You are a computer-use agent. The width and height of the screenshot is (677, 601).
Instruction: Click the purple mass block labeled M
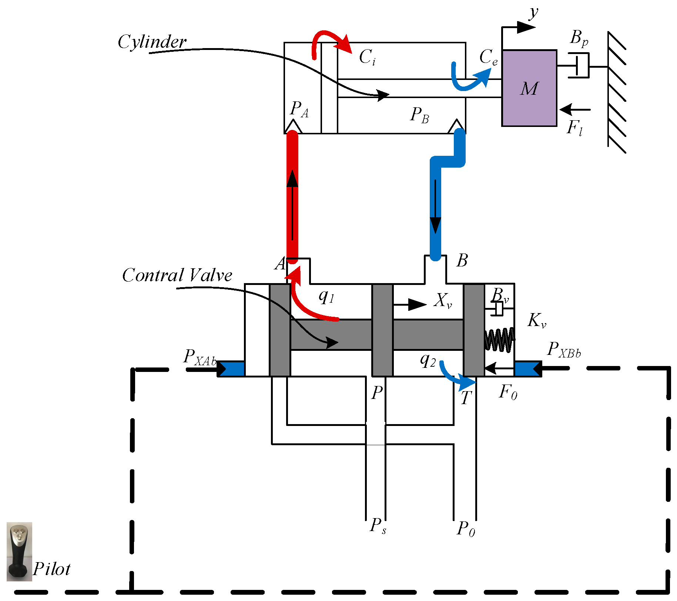[529, 88]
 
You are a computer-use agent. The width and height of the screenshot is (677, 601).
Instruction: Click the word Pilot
[52, 569]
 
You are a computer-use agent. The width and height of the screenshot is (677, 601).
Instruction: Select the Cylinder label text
[152, 42]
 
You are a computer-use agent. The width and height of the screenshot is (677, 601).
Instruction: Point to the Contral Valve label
[177, 275]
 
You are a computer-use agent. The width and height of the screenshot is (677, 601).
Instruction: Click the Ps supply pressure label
[378, 526]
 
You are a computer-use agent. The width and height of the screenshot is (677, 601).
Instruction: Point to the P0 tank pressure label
[466, 528]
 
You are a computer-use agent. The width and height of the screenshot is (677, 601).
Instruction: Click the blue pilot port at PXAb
[232, 369]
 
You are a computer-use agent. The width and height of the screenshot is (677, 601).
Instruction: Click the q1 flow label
[326, 296]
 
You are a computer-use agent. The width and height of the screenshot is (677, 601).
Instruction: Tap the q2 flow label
[428, 359]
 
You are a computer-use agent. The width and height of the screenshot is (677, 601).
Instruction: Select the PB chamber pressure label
[419, 115]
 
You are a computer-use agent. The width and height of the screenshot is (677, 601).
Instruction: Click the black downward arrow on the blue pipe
[435, 207]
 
